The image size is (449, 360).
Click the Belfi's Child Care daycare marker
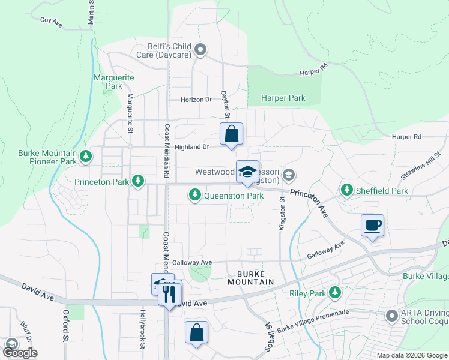coord(200,50)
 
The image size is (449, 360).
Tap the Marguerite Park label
coord(114,82)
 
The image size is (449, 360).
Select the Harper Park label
coord(284,98)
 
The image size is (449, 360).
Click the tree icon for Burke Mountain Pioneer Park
coord(86,157)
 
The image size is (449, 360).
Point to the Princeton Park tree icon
coord(139,181)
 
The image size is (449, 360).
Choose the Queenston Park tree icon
coord(194,195)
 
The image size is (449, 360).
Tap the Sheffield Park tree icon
coord(347,190)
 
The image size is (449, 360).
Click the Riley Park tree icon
coord(335,293)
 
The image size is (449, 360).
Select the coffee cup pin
coord(372,226)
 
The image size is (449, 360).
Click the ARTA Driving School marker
coord(393,315)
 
